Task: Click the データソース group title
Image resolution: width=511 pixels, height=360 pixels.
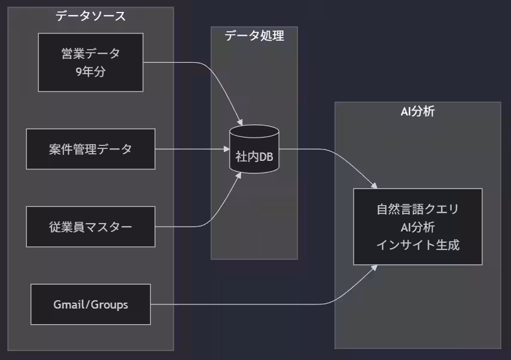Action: [90, 16]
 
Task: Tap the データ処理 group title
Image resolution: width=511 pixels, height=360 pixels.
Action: [254, 36]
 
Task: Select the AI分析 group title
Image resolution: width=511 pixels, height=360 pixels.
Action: [417, 111]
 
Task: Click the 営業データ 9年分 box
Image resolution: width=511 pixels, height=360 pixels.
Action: [90, 62]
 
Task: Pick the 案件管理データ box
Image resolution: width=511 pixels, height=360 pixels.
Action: [90, 149]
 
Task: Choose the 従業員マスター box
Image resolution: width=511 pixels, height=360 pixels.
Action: [90, 227]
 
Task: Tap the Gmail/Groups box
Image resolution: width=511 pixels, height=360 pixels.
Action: [90, 304]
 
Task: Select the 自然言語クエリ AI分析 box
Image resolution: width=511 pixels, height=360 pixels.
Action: [417, 227]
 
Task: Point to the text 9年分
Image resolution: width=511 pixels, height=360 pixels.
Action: [90, 72]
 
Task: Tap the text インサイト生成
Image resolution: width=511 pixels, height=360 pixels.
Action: [417, 245]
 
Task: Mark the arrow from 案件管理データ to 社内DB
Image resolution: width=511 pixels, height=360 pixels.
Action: [191, 149]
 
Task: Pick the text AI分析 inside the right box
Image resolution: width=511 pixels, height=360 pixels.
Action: [417, 227]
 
